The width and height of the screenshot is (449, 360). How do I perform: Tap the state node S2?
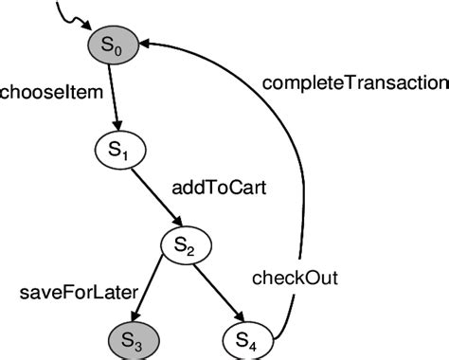coord(185,248)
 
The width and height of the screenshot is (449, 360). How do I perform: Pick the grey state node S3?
coord(132,340)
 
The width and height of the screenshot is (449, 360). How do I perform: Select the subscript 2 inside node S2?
coord(191,252)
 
